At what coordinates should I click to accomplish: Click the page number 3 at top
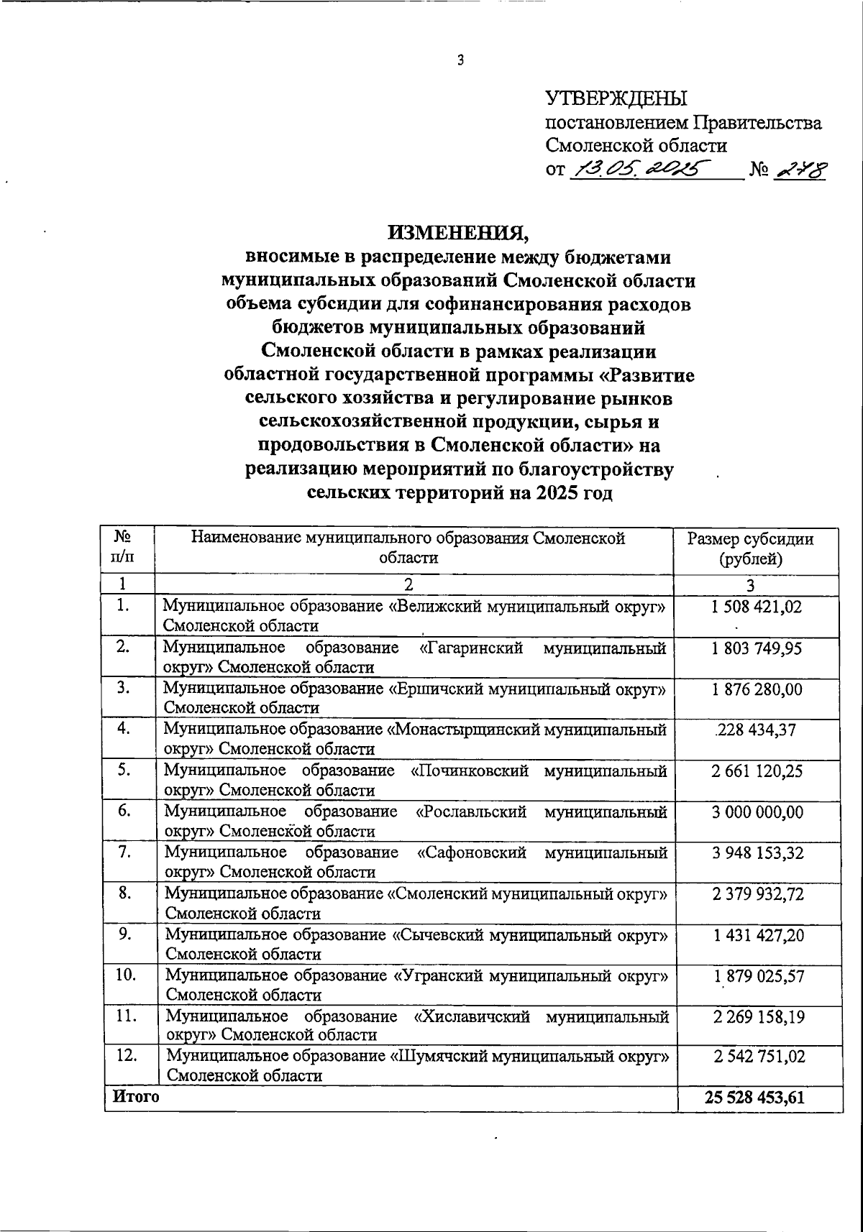pyautogui.click(x=461, y=61)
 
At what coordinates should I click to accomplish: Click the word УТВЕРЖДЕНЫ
pyautogui.click(x=616, y=99)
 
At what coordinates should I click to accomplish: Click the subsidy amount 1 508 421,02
pyautogui.click(x=757, y=607)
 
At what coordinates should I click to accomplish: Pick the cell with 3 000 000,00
pyautogui.click(x=757, y=812)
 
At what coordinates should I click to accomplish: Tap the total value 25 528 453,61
pyautogui.click(x=757, y=1098)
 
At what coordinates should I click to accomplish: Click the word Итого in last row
pyautogui.click(x=134, y=1097)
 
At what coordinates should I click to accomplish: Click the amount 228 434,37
pyautogui.click(x=757, y=731)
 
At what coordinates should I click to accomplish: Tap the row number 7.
pyautogui.click(x=124, y=852)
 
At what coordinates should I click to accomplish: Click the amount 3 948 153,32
pyautogui.click(x=757, y=853)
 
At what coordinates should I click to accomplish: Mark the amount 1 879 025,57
pyautogui.click(x=757, y=976)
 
